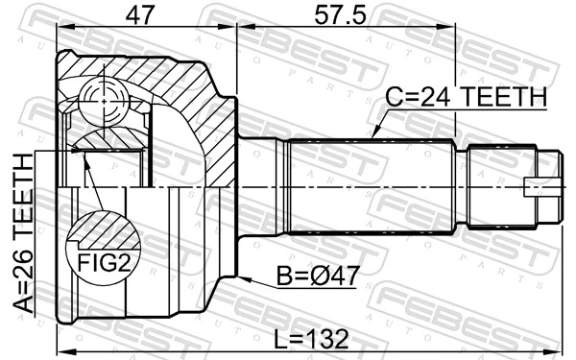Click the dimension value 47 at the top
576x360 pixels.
(144, 16)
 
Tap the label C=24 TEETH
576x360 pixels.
(466, 97)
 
